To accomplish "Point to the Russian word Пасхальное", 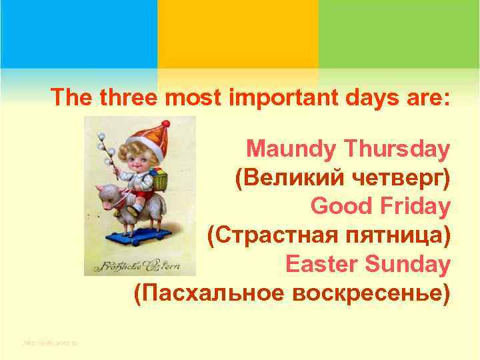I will [212, 293].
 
